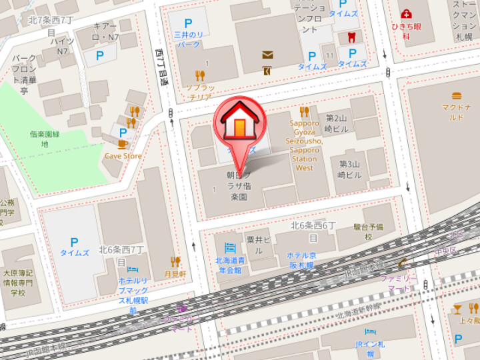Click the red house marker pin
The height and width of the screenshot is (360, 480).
point(239,123)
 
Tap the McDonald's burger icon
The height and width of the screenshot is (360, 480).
point(457,95)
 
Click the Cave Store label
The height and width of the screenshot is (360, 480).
point(123,156)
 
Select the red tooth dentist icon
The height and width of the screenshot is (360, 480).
point(351,37)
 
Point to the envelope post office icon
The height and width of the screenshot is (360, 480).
point(267,55)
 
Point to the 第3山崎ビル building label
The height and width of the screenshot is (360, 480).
point(350,169)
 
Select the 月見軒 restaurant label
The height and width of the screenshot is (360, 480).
point(176,274)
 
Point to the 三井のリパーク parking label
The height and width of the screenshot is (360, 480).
point(188,39)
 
